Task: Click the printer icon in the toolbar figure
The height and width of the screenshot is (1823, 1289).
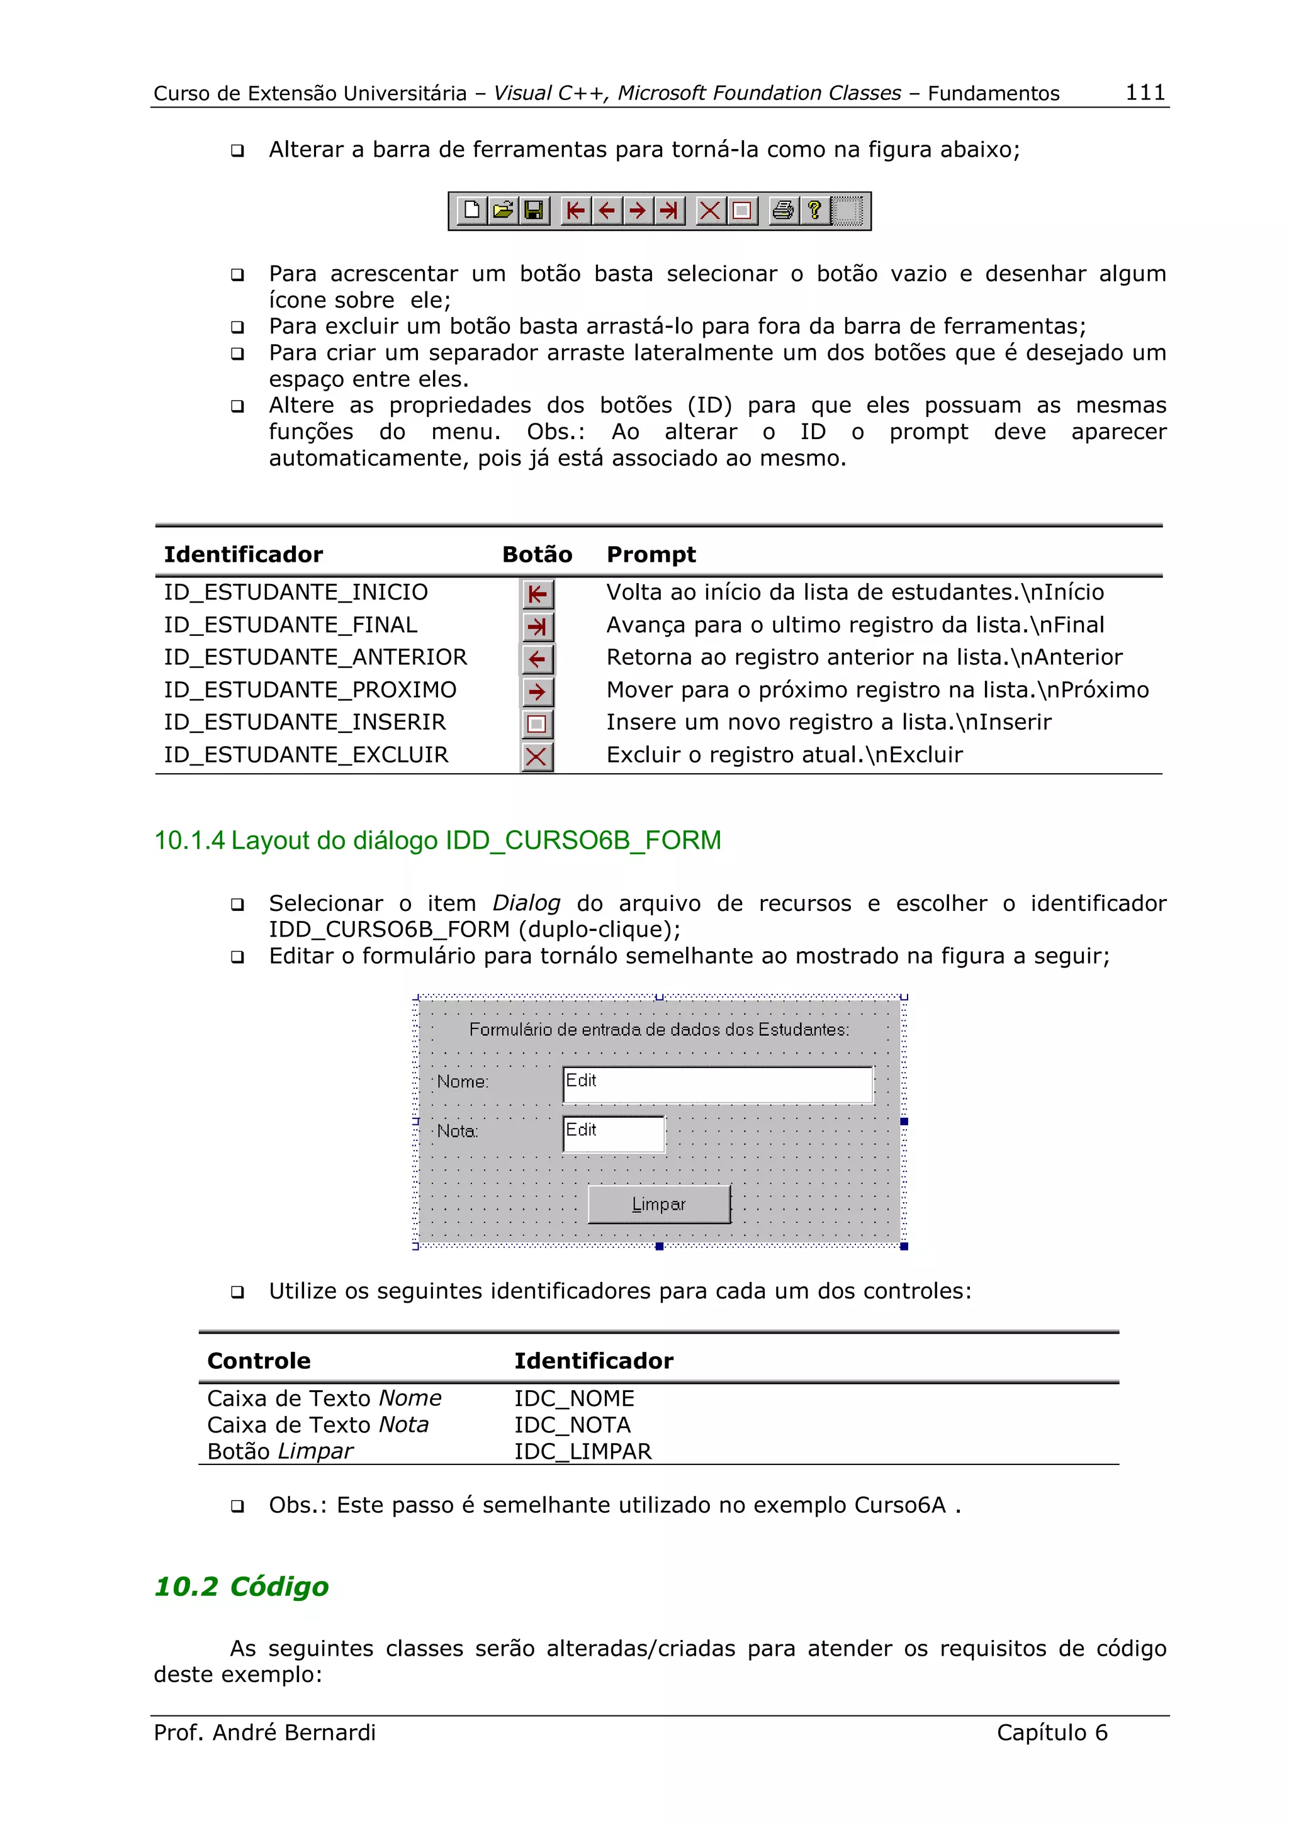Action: (783, 210)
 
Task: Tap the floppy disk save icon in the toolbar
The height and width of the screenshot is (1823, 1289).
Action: (534, 210)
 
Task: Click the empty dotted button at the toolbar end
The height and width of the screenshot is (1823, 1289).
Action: (847, 210)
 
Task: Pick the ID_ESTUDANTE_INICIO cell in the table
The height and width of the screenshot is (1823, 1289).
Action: (295, 593)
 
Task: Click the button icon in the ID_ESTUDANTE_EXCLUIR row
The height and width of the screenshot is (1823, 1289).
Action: (537, 757)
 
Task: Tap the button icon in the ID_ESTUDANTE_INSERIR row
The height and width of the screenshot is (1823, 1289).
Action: (537, 724)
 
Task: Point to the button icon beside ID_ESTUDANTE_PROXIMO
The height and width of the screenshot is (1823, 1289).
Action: (537, 691)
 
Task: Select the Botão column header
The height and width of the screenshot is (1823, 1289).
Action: (537, 554)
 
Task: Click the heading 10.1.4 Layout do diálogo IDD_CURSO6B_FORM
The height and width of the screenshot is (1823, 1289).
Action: (437, 840)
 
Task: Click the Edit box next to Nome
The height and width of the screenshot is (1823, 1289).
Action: (717, 1084)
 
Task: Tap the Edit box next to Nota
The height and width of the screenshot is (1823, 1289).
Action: (613, 1134)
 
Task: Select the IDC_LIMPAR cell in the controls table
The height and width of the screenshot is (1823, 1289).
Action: (582, 1451)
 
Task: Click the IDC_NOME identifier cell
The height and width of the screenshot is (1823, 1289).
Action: (573, 1398)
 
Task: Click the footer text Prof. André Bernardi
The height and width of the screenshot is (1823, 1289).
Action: (264, 1732)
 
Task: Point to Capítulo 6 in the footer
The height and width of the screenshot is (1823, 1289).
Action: (1052, 1732)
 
